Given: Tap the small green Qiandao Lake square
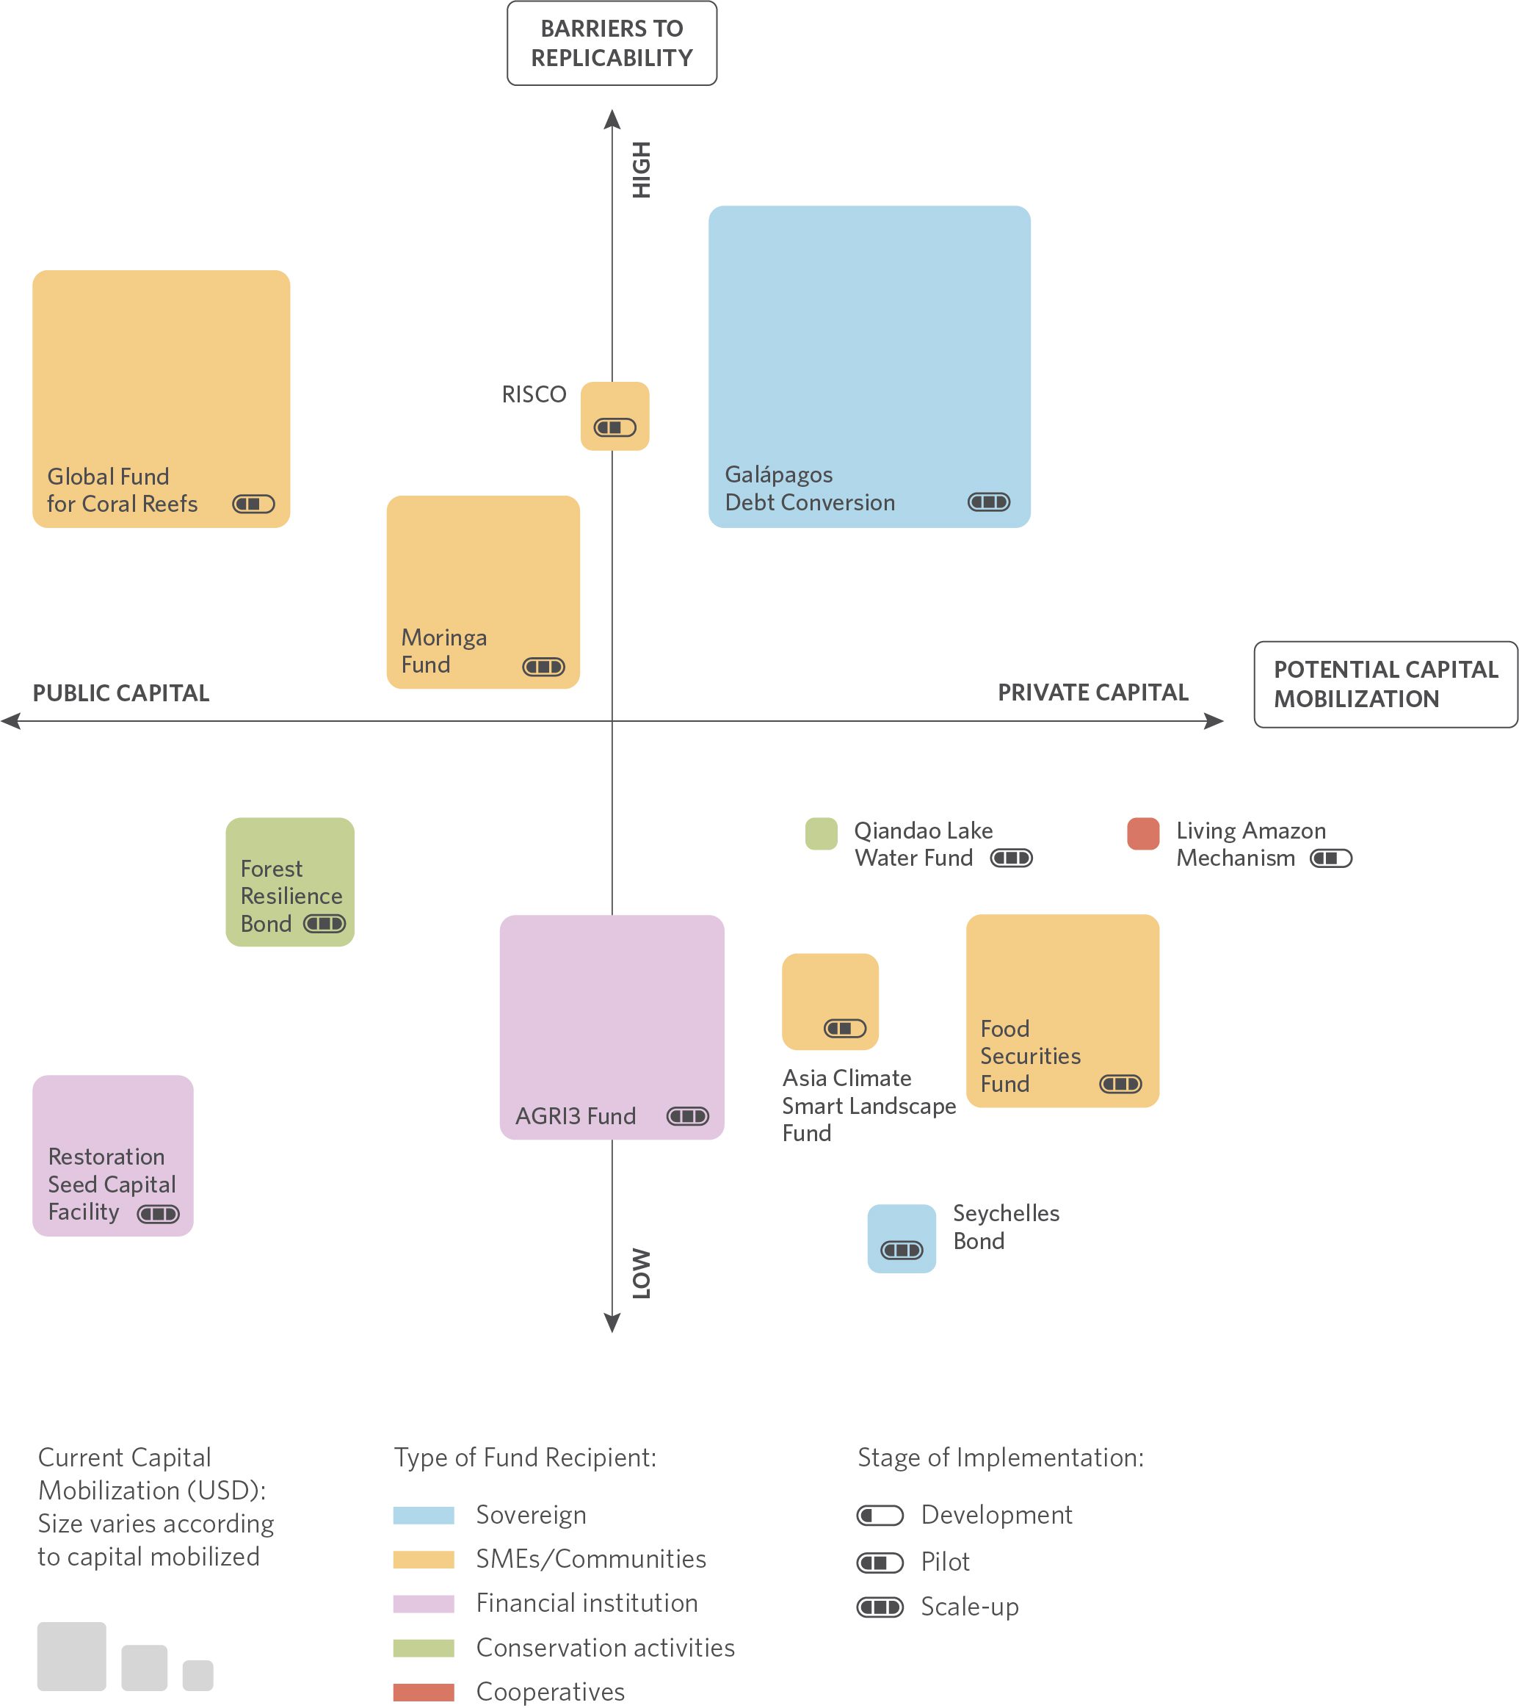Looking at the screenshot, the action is click(x=821, y=834).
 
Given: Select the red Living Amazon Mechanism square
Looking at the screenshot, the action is click(x=1142, y=834).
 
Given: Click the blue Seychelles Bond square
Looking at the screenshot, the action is click(x=901, y=1238).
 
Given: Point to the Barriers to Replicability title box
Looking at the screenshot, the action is click(x=612, y=43).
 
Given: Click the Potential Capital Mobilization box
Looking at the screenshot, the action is click(x=1385, y=684).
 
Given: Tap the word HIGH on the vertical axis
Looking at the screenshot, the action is click(x=641, y=170).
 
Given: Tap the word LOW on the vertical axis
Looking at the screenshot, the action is click(x=641, y=1273).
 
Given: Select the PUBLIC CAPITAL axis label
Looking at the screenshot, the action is click(x=121, y=692).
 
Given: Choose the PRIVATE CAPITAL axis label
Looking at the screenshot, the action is click(x=1093, y=692).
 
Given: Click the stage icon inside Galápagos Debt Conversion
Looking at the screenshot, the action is click(x=988, y=502).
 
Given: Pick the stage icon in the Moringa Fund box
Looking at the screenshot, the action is click(x=543, y=667).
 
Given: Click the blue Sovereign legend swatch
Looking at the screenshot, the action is click(x=424, y=1515).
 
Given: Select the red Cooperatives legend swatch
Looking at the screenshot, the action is click(x=424, y=1692).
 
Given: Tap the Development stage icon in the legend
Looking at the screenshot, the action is click(x=880, y=1515).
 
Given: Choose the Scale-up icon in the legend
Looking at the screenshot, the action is click(x=880, y=1607).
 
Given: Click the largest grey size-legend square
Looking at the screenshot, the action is click(x=72, y=1656).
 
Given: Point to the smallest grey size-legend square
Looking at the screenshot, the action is click(x=198, y=1676).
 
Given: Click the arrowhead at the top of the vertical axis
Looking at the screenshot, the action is click(x=612, y=119).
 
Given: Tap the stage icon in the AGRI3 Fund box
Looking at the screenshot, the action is click(x=688, y=1116).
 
